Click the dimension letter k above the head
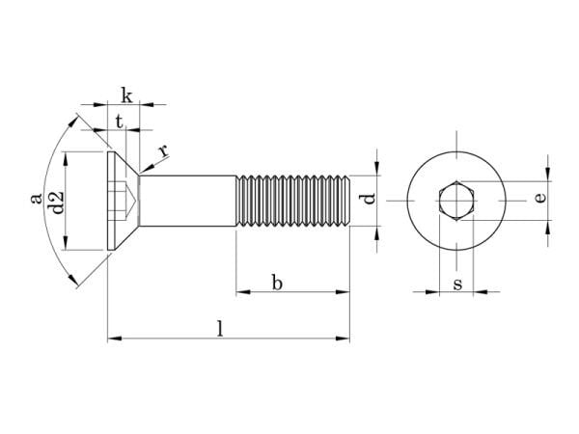[126, 93]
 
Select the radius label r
[163, 149]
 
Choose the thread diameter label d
[368, 200]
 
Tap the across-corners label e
[540, 198]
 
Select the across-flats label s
[456, 284]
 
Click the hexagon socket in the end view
[455, 202]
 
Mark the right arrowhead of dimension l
[345, 338]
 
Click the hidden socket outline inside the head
[123, 202]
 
